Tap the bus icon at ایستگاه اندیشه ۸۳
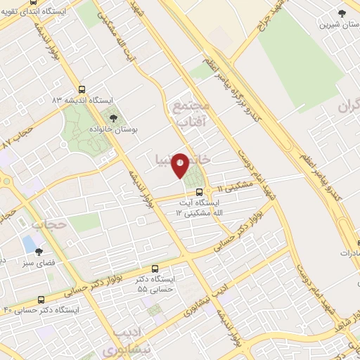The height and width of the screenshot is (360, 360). (x=82, y=90)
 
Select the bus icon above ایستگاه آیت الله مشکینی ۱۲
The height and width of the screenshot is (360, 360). (x=199, y=191)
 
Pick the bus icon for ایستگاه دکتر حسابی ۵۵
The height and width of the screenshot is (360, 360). (x=155, y=269)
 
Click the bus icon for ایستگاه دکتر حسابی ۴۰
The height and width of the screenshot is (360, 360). (x=40, y=299)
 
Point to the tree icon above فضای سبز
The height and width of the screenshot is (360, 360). (x=39, y=251)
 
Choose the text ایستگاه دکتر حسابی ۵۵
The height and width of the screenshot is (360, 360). (x=156, y=284)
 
